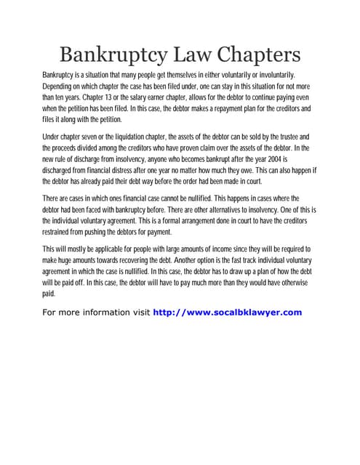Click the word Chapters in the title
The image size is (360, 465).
(x=252, y=55)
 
